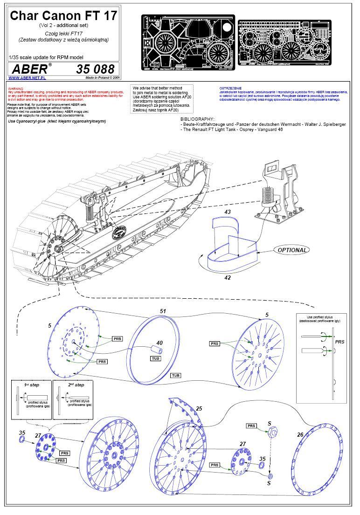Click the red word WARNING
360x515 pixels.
click(16, 88)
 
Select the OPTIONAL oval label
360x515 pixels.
click(292, 250)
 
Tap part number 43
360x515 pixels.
click(228, 212)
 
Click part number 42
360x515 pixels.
click(228, 278)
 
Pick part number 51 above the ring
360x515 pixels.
click(163, 310)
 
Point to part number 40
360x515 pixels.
click(159, 343)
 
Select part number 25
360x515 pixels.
click(199, 409)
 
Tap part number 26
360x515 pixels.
click(300, 435)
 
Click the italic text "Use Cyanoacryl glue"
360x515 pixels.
click(30, 121)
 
